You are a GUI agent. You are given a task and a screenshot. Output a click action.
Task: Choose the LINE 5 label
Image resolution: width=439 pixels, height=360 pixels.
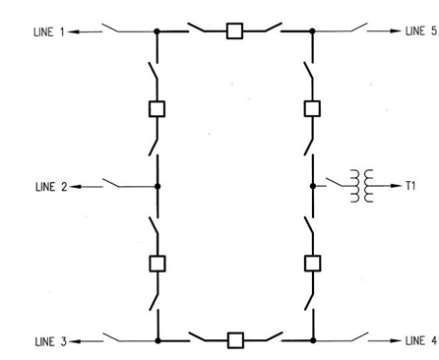[x=420, y=31]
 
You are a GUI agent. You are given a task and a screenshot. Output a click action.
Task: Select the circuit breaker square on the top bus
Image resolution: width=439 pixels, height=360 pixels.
[x=234, y=31]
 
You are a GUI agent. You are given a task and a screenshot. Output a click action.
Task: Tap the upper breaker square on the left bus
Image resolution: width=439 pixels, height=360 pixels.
[x=157, y=108]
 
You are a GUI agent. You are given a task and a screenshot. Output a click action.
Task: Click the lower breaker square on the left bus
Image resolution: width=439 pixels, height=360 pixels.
[x=157, y=263]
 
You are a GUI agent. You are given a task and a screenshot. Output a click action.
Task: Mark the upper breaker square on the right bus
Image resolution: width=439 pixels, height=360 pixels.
[x=312, y=108]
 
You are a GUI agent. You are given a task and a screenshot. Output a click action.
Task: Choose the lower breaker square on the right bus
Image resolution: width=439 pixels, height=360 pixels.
[x=312, y=263]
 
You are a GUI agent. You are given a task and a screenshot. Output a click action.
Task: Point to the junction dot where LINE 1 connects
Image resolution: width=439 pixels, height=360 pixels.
[x=157, y=31]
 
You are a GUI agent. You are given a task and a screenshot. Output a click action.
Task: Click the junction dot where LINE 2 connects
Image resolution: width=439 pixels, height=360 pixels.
[x=157, y=184]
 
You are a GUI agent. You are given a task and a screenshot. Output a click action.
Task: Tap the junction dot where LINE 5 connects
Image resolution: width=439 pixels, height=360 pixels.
[x=312, y=31]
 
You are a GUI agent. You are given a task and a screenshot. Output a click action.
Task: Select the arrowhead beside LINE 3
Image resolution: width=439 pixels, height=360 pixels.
[x=77, y=341]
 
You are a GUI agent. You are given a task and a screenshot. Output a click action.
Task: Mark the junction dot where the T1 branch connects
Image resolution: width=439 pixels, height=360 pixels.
[x=312, y=184]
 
